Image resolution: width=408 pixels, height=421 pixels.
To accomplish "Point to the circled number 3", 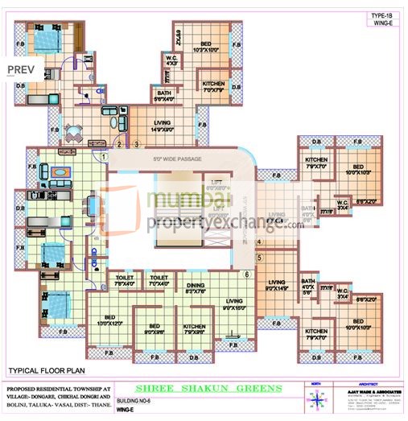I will [x=138, y=144].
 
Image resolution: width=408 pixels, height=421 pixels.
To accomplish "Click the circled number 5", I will [x=259, y=258].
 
